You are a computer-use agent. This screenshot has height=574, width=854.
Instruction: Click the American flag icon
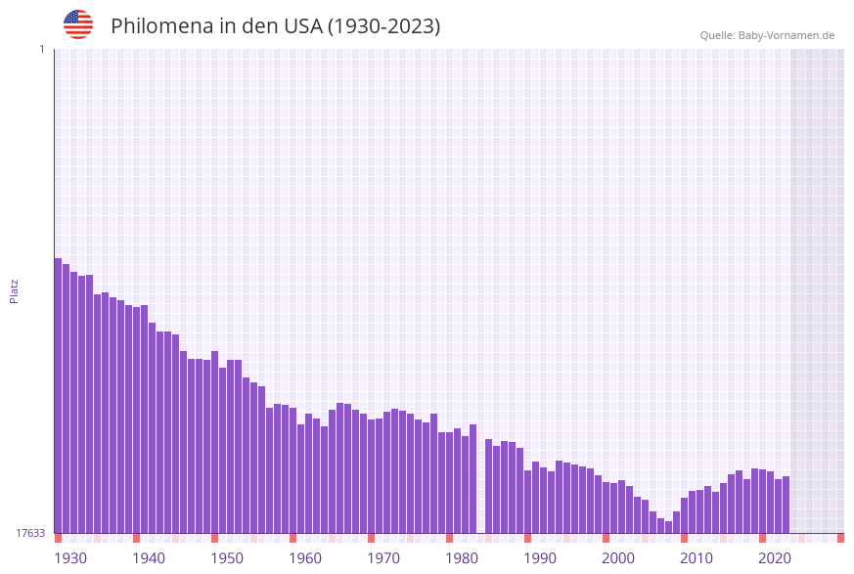(x=78, y=24)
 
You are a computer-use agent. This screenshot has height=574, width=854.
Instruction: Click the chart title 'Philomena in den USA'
(x=275, y=26)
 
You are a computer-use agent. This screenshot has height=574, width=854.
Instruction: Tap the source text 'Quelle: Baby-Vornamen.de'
(x=767, y=35)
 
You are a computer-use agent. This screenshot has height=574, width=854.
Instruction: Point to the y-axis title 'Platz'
(x=15, y=290)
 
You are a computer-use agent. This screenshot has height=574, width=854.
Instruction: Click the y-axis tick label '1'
(x=42, y=49)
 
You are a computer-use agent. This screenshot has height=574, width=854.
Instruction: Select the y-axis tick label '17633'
(x=30, y=533)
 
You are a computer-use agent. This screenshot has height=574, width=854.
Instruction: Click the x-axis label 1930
(x=70, y=558)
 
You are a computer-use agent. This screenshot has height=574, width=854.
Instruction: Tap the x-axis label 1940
(x=149, y=558)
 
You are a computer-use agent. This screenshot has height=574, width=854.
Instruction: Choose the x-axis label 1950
(x=227, y=558)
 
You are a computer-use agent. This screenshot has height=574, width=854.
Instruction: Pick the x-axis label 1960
(x=305, y=558)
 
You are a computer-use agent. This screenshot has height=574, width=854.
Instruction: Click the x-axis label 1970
(x=383, y=558)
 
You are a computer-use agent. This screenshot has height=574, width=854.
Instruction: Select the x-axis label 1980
(x=462, y=558)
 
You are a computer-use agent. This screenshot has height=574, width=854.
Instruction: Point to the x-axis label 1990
(x=540, y=558)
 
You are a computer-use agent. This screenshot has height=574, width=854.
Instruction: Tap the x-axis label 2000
(x=618, y=558)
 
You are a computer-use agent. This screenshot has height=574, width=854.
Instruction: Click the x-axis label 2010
(x=697, y=558)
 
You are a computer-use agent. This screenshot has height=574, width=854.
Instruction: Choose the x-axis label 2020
(x=775, y=558)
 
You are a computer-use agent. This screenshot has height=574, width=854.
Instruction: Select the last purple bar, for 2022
(x=786, y=505)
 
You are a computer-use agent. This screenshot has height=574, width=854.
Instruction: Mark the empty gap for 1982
(x=480, y=489)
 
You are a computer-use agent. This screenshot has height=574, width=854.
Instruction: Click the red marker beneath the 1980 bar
(x=449, y=538)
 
